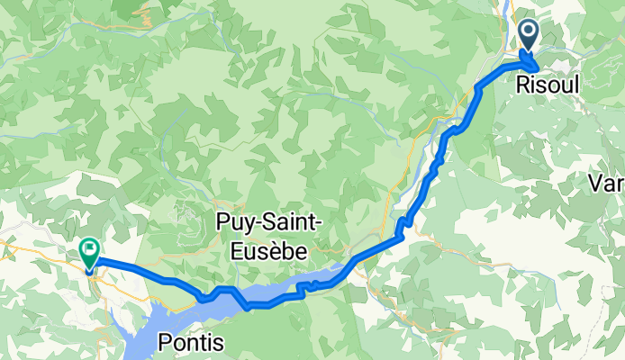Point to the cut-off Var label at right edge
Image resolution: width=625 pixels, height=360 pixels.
click(x=605, y=184)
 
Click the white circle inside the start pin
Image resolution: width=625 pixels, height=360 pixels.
click(x=528, y=33)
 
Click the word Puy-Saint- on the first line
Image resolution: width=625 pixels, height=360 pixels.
click(x=261, y=220)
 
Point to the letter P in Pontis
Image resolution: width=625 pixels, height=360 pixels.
click(x=165, y=343)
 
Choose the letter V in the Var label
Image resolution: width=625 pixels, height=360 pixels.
click(x=594, y=184)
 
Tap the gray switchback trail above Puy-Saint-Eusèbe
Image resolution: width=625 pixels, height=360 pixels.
click(x=188, y=212)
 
